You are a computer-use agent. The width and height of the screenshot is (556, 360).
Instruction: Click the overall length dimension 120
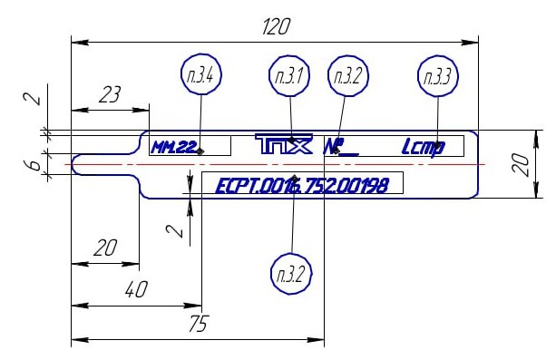click(275, 28)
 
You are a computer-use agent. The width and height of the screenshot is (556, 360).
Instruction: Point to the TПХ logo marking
click(283, 145)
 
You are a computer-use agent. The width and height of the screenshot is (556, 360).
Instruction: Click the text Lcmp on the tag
click(423, 146)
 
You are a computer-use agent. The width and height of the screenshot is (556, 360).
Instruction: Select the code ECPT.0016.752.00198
click(301, 186)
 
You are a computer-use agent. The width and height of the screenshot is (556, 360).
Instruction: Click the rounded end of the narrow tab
click(76, 163)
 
